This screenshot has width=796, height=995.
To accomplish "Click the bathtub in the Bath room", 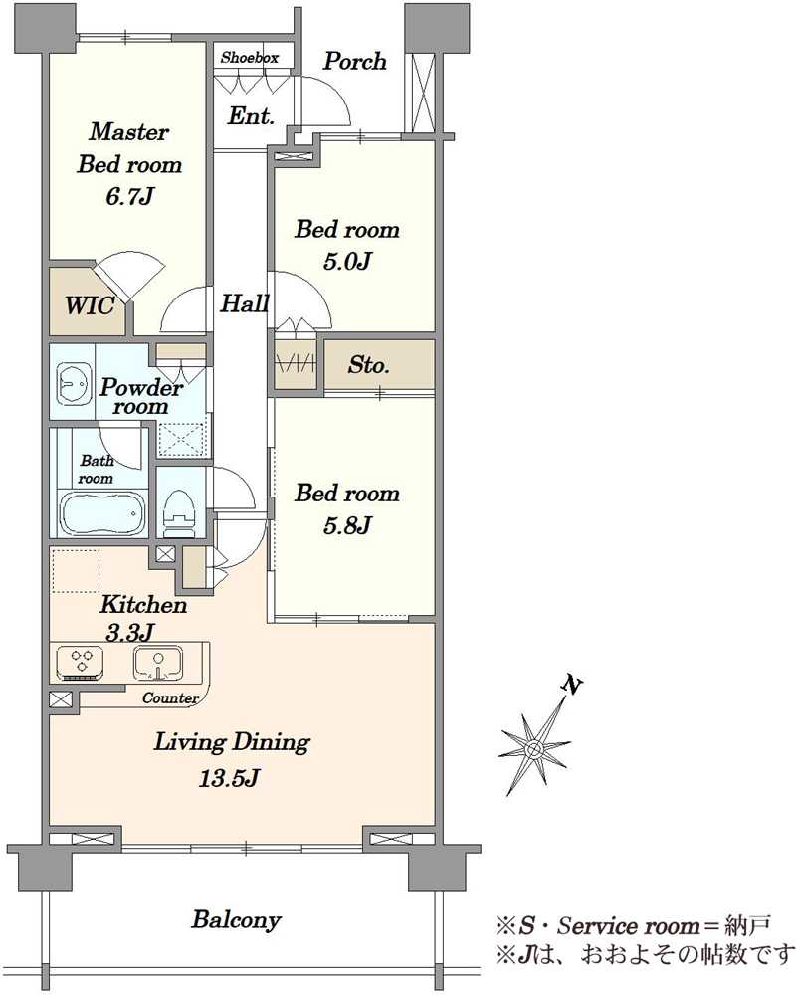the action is (x=102, y=513).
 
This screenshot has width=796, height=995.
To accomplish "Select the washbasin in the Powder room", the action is (x=74, y=383).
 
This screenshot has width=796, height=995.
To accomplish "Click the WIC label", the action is (x=90, y=305).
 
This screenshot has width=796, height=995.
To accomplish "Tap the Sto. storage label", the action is (x=368, y=365).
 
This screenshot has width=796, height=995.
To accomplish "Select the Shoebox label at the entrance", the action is (x=250, y=57).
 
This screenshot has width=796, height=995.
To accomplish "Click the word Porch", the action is (x=355, y=61).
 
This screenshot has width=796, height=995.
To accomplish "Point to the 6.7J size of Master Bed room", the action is (x=129, y=197).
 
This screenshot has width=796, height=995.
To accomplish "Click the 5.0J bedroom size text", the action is (x=346, y=261).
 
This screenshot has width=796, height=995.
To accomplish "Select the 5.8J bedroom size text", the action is (x=346, y=525).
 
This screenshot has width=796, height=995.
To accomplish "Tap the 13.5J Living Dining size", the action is (x=229, y=778).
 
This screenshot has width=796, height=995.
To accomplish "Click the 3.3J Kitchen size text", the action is (x=130, y=633).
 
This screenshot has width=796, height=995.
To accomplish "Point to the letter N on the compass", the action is (x=572, y=685).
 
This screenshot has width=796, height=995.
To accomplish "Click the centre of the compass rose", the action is (x=534, y=750).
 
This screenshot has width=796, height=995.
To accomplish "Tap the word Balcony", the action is (x=236, y=920).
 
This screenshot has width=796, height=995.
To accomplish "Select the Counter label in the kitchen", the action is (x=170, y=698).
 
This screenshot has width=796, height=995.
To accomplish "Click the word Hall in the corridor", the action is (x=245, y=303).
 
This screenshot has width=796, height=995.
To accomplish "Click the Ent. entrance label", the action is (x=252, y=115).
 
